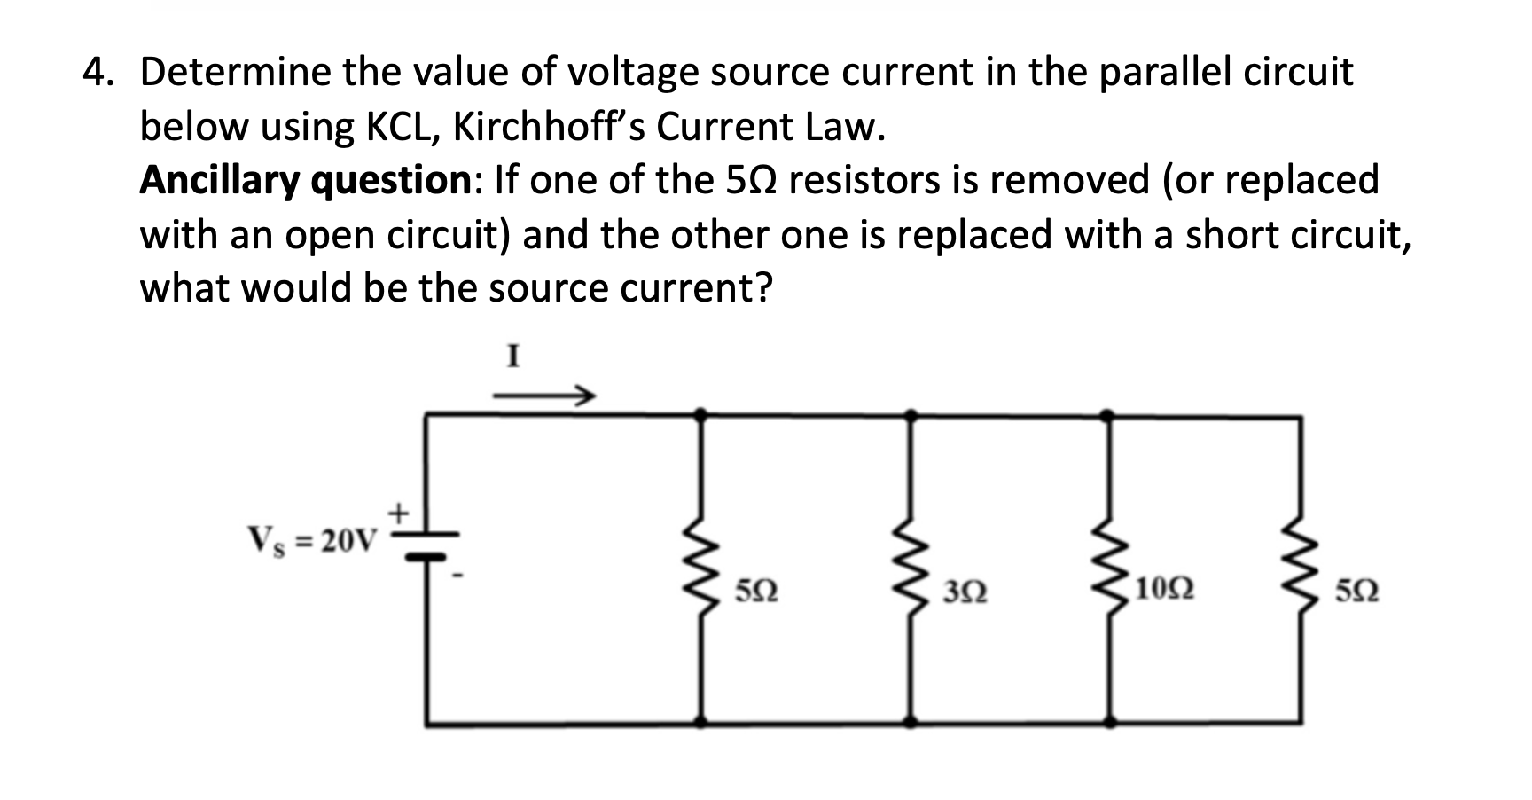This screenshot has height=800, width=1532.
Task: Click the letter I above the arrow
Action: (x=512, y=357)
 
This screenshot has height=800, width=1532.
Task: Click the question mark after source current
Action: (x=763, y=289)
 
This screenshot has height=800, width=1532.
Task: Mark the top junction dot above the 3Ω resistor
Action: (x=911, y=414)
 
